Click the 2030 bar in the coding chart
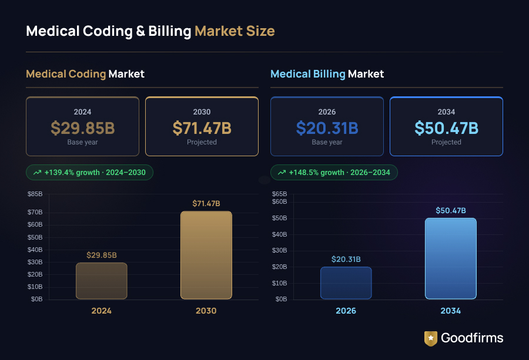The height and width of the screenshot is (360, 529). tap(206, 255)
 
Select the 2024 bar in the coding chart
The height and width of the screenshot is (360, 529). tap(101, 281)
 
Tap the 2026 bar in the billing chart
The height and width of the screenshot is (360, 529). tap(346, 283)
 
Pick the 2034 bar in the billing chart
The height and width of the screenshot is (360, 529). tap(450, 258)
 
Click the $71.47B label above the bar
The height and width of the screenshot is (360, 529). tap(206, 203)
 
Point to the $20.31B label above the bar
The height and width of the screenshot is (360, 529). tap(346, 259)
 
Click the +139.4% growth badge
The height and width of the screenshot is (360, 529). tap(89, 172)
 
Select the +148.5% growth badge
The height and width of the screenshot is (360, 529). tap(334, 172)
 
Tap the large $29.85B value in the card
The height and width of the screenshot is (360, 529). tap(82, 127)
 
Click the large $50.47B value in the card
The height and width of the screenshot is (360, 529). tap(446, 127)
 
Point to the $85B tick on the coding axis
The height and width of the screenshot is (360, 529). tap(35, 194)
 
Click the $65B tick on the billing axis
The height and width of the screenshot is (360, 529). tap(279, 194)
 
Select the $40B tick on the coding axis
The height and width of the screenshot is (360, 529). tap(35, 250)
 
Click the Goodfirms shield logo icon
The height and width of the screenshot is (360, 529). tap(430, 338)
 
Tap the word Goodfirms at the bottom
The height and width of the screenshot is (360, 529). tap(472, 338)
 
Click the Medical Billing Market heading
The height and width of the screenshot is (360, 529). tap(327, 74)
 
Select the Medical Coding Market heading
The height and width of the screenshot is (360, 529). tap(85, 74)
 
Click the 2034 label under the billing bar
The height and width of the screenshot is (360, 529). tap(450, 311)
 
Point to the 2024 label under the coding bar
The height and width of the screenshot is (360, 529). tap(101, 311)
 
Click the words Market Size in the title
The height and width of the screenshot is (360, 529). tap(235, 31)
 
